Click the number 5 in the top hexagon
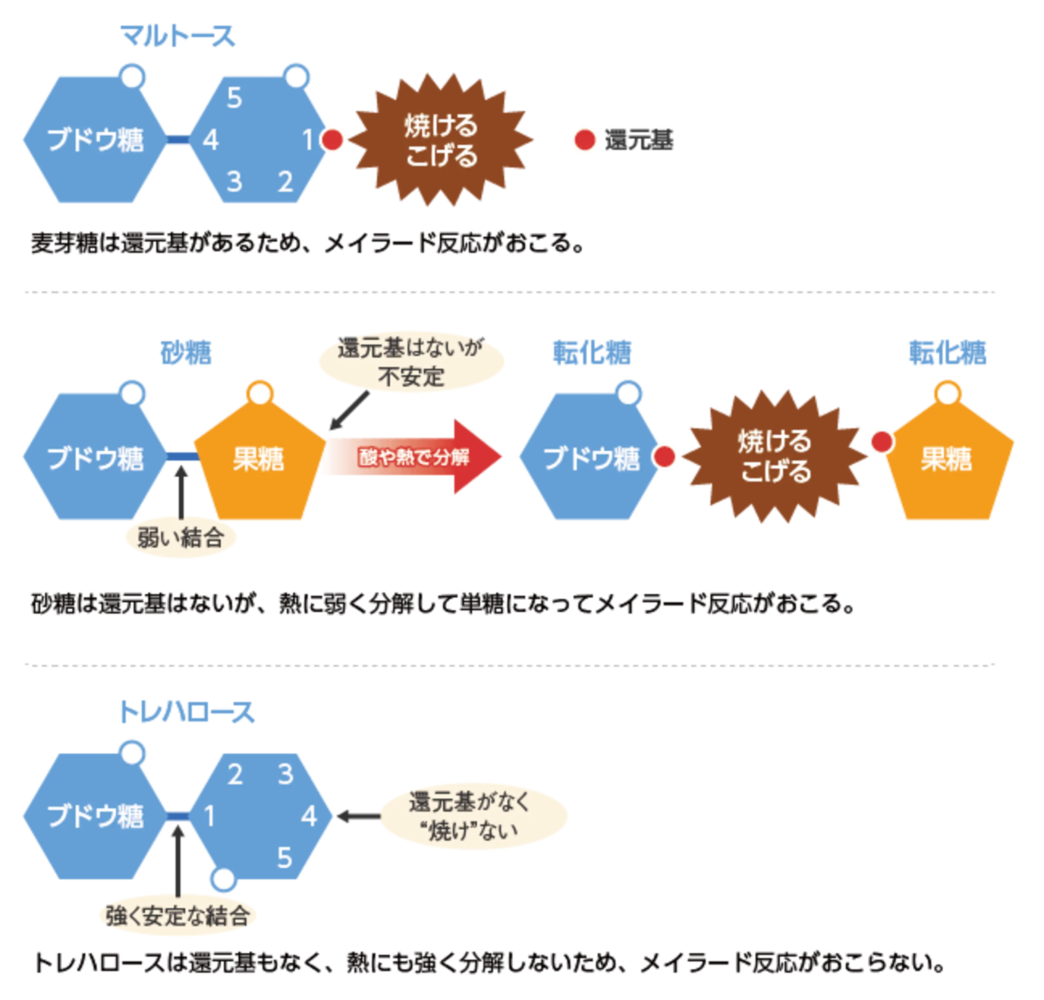[235, 98]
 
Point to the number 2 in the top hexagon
[286, 182]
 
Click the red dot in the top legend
[585, 140]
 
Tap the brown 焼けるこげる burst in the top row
[441, 140]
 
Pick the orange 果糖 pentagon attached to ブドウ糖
[258, 458]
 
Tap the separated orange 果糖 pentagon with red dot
[947, 458]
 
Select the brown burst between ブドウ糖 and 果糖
[776, 457]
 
